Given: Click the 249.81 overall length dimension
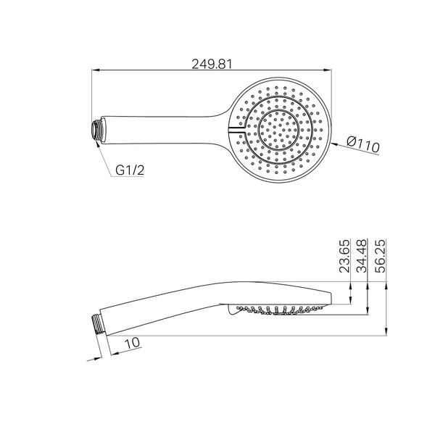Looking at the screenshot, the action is click(212, 64).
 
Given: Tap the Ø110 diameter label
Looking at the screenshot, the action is click(363, 144).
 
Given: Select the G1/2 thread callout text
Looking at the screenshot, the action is click(130, 170).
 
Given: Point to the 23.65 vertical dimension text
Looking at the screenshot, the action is click(345, 256).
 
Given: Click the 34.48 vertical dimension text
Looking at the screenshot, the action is click(362, 256).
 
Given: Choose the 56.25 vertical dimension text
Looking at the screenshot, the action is click(380, 256).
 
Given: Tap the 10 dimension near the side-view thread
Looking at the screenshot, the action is click(133, 343).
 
